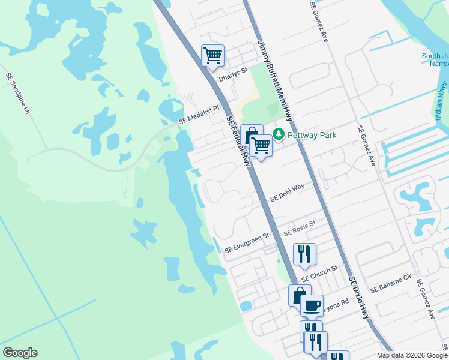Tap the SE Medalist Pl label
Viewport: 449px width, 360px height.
click(x=201, y=116)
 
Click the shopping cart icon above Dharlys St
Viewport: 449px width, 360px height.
click(x=213, y=56)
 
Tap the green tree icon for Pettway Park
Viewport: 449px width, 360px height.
click(x=279, y=135)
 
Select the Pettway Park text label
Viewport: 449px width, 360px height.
click(x=312, y=136)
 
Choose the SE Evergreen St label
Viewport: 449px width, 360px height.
click(x=246, y=243)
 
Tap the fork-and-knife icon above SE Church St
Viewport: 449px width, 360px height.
click(x=304, y=254)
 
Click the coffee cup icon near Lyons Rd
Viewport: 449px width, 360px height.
click(x=312, y=305)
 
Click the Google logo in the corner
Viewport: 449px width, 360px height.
click(x=20, y=353)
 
